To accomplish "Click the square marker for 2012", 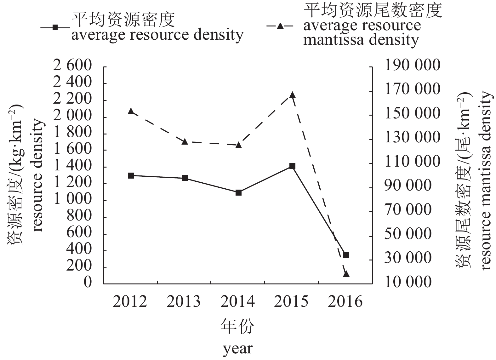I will point(131,175).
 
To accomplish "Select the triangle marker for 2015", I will point(292,95).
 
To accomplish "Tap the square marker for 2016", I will point(346,255).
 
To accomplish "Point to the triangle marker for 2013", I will point(185,142).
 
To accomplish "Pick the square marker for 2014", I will point(238,192).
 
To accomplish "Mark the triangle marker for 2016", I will point(346,274).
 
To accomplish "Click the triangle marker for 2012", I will point(131,111).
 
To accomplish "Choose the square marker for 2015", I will point(292,166).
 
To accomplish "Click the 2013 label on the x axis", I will point(184,302).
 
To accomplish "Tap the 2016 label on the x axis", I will point(345,302).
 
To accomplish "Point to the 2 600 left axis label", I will point(72,66).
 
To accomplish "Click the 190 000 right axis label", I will point(413,65).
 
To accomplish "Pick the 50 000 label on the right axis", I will point(408,234).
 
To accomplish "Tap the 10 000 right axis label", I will point(408,282).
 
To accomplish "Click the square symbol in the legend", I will point(55,27).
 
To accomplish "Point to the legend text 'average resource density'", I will point(157,35).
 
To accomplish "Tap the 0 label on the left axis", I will point(88,282).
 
